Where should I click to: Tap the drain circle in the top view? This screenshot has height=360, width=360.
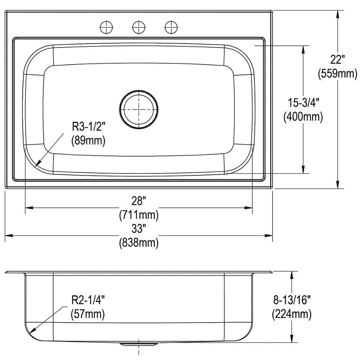tap(139, 109)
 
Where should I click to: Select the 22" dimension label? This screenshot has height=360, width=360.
tap(338, 60)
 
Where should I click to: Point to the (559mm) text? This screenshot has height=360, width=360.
tap(338, 73)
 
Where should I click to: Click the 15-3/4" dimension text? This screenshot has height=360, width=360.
tap(303, 103)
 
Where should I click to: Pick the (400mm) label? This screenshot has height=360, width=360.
tap(303, 117)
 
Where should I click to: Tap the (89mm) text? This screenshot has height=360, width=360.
tap(88, 140)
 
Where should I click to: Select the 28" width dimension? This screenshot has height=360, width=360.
tap(139, 201)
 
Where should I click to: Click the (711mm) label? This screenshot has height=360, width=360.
tap(139, 215)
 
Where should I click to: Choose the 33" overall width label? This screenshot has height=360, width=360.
tap(139, 229)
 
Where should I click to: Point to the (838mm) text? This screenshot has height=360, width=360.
tap(139, 242)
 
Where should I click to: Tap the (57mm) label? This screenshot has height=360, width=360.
tap(88, 314)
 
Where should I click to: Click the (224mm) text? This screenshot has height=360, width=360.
tap(292, 314)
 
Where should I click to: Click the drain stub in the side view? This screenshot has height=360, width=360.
tap(139, 344)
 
